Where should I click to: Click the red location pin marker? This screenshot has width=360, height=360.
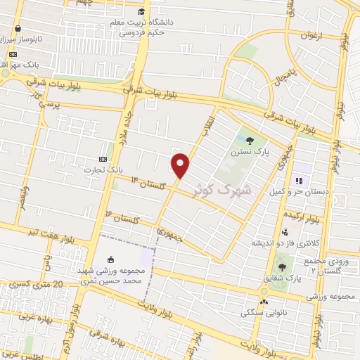pyautogui.click(x=181, y=166)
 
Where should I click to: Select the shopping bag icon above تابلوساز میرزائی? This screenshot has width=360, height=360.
pyautogui.click(x=17, y=29)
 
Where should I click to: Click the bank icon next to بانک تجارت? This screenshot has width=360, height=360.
pyautogui.click(x=104, y=159)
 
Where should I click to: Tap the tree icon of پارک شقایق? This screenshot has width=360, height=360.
pyautogui.click(x=283, y=266)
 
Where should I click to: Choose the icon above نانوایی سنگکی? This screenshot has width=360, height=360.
pyautogui.click(x=263, y=302)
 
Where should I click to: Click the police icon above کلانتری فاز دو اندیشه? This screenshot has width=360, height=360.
pyautogui.click(x=284, y=232)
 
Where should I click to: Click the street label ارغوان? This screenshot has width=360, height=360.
pyautogui.click(x=311, y=35)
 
